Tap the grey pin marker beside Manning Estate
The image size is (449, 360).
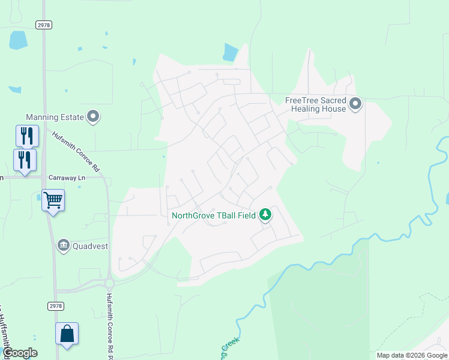[93, 116]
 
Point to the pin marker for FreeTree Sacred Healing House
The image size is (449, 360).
[355, 104]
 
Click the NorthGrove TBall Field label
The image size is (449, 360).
[214, 215]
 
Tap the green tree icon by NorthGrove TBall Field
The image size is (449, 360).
[265, 215]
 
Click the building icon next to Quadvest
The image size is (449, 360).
[64, 245]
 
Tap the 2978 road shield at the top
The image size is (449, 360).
[44, 25]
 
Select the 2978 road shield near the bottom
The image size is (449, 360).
[55, 306]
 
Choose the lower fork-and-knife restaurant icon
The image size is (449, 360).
[25, 160]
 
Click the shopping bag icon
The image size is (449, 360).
[67, 334]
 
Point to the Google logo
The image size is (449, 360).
[20, 353]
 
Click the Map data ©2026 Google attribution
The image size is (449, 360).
[412, 355]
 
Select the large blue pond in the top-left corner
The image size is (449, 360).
[18, 40]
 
